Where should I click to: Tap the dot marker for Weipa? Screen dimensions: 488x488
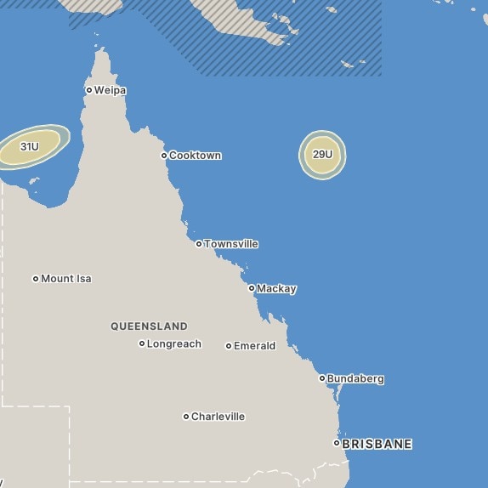89,90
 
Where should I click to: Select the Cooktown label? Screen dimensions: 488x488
196,156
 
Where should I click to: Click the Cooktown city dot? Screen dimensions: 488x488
164,156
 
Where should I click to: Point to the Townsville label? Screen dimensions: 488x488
231,244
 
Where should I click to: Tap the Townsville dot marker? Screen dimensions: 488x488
199,244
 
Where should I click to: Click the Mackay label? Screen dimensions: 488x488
276,289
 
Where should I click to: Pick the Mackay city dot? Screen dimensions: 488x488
252,288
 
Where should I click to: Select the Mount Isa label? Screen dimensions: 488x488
66,279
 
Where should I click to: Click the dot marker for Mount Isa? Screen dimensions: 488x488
36,279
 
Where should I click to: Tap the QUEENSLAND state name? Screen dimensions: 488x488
149,326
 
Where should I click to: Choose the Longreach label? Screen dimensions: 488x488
174,344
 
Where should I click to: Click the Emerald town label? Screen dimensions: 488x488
255,346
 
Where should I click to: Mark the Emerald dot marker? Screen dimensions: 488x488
229,346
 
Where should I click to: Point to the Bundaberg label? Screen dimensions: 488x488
356,379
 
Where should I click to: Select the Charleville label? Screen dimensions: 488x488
218,417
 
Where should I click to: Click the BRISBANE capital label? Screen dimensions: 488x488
377,444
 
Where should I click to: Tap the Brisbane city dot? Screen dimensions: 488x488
337,443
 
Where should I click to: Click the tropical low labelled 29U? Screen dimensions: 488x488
322,155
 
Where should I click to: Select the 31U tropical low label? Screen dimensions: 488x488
30,147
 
